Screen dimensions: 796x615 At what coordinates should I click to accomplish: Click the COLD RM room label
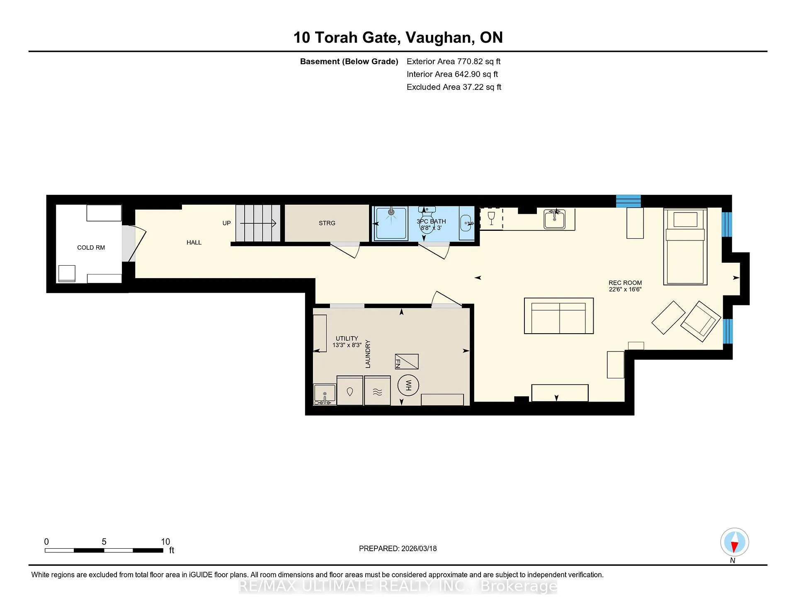coord(91,247)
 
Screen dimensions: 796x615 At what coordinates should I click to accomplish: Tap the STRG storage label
coord(327,223)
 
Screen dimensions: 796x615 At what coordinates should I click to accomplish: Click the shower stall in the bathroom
coord(391,223)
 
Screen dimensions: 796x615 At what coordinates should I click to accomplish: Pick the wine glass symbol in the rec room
coord(491,218)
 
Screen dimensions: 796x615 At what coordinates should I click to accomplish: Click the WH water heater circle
coord(408,385)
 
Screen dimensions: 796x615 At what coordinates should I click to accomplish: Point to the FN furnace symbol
coord(406,362)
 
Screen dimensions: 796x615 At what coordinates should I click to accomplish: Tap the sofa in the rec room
coord(559,315)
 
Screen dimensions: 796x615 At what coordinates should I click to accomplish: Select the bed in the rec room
coord(685,247)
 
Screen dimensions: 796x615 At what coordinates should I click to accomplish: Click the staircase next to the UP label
coord(258,223)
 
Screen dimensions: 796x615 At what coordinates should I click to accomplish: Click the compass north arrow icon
coord(734,542)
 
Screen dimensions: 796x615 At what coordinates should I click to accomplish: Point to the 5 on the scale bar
coord(104,542)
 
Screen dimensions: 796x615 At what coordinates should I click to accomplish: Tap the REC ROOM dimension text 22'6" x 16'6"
coord(625,289)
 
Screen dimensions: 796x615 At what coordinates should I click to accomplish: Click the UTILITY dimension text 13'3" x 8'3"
coord(347,345)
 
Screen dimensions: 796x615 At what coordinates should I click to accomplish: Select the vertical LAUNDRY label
coord(368,354)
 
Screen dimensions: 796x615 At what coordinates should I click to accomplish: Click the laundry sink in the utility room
coord(325,394)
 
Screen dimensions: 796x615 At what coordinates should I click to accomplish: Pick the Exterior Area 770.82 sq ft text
coord(454,61)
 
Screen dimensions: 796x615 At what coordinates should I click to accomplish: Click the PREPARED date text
coord(398,548)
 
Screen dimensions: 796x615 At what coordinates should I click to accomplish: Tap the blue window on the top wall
coord(628,201)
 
